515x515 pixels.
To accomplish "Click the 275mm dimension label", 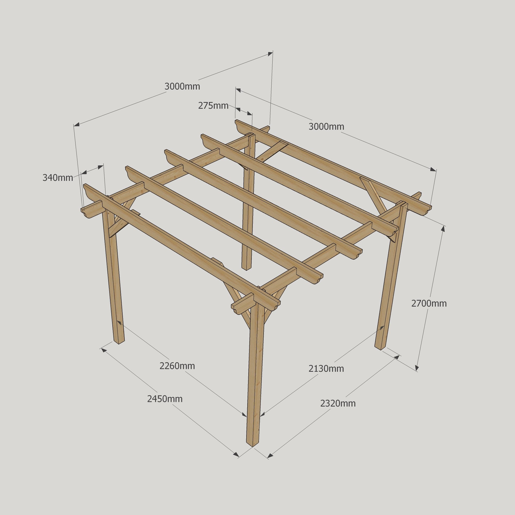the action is (213, 106).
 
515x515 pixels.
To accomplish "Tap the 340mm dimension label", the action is (58, 178).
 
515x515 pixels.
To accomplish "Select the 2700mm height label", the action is (429, 303).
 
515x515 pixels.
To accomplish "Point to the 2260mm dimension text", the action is (177, 366).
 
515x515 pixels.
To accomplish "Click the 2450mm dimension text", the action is (165, 399).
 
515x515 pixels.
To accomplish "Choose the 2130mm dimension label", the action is (326, 369).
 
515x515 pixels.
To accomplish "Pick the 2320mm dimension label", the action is (338, 404).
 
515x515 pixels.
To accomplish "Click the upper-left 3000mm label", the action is (182, 86).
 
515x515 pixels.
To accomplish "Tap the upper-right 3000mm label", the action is (326, 126).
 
